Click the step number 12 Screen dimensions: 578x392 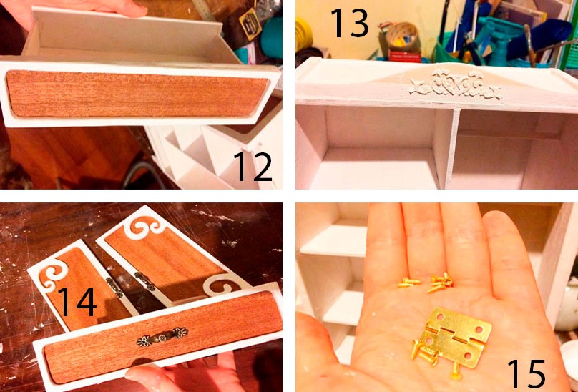point(253,167)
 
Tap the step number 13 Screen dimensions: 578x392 point(350,23)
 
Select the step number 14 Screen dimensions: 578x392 point(77,301)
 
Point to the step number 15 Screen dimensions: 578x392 point(526,374)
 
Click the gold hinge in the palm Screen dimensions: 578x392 point(456,338)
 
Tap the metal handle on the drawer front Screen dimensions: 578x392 point(162,336)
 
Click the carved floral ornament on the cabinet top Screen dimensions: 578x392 point(455,86)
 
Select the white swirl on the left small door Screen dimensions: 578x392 point(54,274)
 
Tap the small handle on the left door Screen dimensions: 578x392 point(114,288)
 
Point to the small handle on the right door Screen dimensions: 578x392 point(145,281)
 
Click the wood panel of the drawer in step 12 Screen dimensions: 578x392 point(137,94)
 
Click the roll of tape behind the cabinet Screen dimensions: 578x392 point(402,38)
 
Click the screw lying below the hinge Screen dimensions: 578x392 point(456,371)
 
